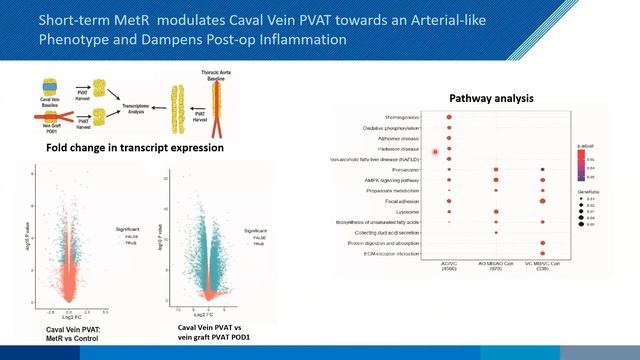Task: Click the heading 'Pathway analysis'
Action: [490, 99]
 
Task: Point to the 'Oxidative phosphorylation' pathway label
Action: [398, 128]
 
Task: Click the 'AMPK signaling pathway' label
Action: [401, 180]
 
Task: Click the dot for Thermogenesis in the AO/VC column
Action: [449, 117]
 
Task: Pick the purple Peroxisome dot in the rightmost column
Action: [542, 170]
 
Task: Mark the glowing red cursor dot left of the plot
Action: [436, 152]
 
